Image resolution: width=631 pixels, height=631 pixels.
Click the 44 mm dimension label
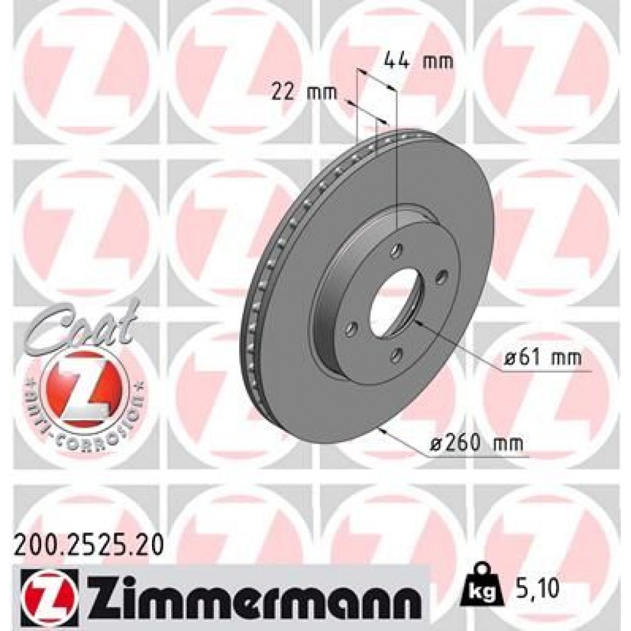[x=418, y=61]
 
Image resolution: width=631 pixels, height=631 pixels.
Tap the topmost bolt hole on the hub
[x=396, y=251]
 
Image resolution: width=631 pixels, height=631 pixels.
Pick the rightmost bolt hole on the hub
[x=441, y=275]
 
